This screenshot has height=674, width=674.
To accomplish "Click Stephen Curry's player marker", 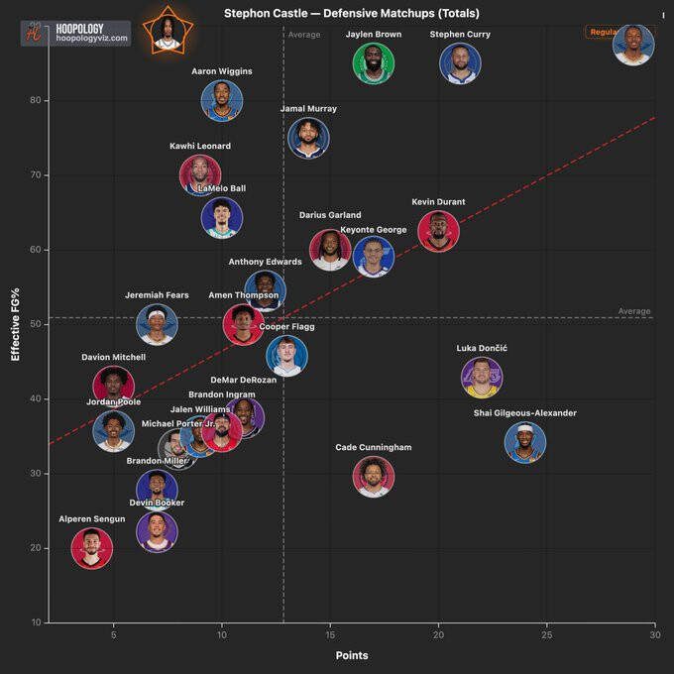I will [460, 63].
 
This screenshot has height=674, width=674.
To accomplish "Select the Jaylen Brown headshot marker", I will [374, 63].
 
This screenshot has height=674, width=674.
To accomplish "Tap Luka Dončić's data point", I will [482, 378].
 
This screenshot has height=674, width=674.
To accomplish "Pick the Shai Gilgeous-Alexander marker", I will [525, 442].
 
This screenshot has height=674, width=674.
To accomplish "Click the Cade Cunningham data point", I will [374, 477].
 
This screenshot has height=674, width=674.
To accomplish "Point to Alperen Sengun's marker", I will [92, 548].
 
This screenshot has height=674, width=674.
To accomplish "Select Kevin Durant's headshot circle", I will [438, 231].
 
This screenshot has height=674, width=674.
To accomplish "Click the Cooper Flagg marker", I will [286, 356].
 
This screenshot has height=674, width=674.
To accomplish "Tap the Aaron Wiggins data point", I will [222, 101].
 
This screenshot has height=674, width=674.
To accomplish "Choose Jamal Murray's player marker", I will [308, 139].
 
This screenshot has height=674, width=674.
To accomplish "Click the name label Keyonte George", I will [374, 230].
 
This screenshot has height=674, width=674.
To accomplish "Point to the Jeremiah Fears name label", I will [157, 295].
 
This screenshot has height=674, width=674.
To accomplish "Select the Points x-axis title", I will [352, 656].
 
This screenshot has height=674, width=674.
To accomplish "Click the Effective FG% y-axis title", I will [15, 323].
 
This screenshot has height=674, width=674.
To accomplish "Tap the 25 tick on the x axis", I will [546, 634].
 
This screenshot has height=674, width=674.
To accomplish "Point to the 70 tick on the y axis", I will [35, 174].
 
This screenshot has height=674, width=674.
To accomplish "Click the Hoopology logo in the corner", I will [75, 33].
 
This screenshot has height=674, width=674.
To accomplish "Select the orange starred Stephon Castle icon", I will [167, 31].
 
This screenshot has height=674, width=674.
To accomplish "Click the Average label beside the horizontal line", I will [634, 311].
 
